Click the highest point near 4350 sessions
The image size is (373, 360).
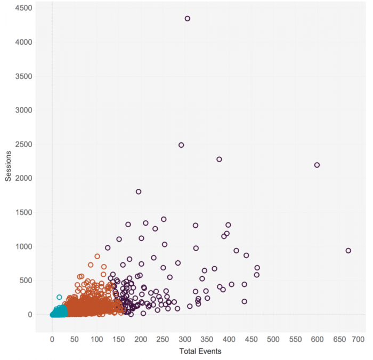pyautogui.click(x=188, y=19)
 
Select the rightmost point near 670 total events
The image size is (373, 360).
pyautogui.click(x=348, y=251)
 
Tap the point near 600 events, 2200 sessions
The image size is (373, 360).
pyautogui.click(x=317, y=165)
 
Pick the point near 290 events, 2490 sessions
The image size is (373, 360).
pyautogui.click(x=181, y=145)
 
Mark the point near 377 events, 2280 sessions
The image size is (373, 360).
pyautogui.click(x=219, y=159)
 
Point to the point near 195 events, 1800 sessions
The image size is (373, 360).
pyautogui.click(x=139, y=192)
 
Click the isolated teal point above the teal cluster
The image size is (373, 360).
pyautogui.click(x=59, y=298)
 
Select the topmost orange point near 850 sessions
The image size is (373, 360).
pyautogui.click(x=97, y=257)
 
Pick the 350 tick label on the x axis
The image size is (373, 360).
pyautogui.click(x=207, y=339)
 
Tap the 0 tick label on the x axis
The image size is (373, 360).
pyautogui.click(x=52, y=339)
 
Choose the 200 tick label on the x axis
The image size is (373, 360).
pyautogui.click(x=140, y=339)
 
